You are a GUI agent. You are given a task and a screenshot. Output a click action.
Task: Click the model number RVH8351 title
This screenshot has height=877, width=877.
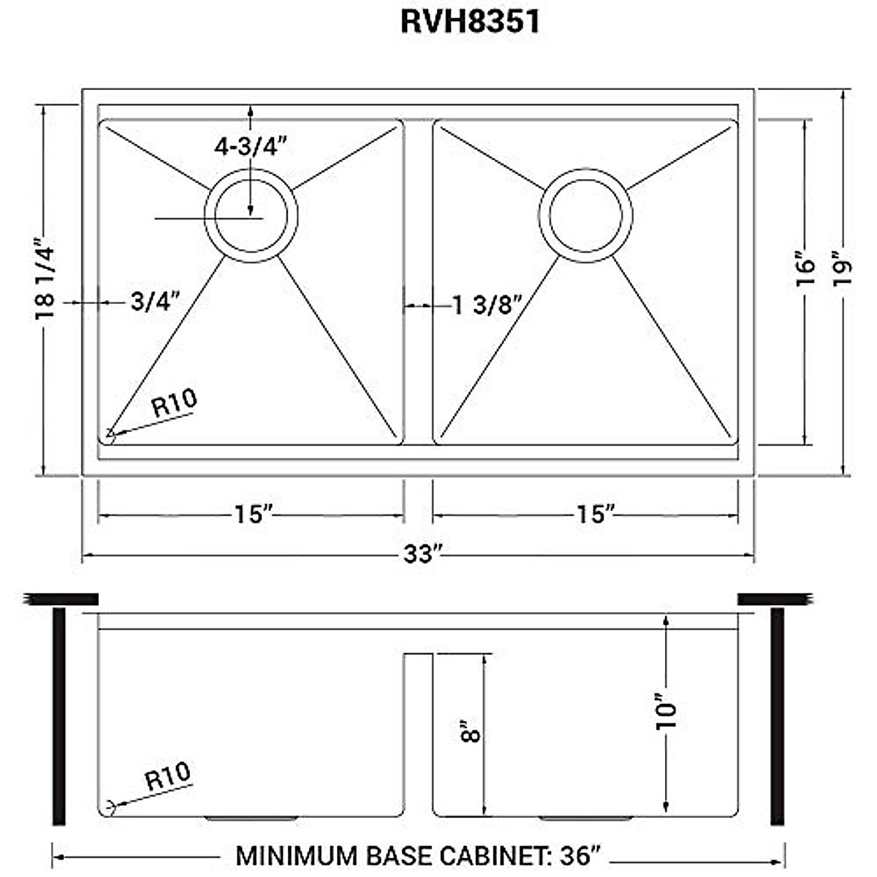471,21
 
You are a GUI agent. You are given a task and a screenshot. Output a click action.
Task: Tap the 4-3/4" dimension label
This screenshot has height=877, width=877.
248,147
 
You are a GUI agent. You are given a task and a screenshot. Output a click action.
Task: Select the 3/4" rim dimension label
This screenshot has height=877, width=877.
155,301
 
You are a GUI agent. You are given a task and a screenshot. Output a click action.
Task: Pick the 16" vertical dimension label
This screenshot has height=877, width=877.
805,270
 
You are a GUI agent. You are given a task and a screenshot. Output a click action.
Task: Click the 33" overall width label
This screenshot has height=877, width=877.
424,555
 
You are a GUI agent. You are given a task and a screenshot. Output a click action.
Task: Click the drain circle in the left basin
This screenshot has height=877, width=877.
251,216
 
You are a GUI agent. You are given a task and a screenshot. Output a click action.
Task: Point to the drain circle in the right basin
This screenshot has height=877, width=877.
586,216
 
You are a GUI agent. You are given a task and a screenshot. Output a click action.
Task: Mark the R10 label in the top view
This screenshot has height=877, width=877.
174,403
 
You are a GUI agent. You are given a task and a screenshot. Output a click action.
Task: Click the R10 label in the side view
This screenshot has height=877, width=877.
167,777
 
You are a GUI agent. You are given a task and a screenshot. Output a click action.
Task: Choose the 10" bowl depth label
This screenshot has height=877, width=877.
667,710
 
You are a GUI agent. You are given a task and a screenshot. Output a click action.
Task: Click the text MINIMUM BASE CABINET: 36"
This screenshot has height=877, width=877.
418,855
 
